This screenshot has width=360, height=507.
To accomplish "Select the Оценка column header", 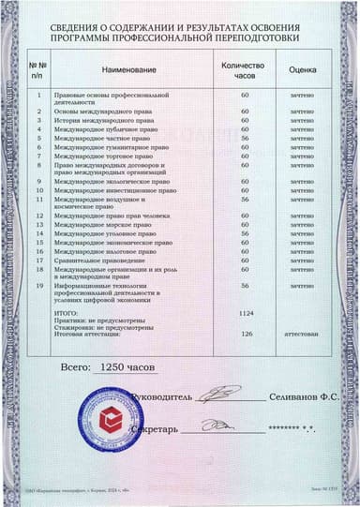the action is coord(302,69).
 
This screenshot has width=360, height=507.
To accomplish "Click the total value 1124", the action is coord(246,311).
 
